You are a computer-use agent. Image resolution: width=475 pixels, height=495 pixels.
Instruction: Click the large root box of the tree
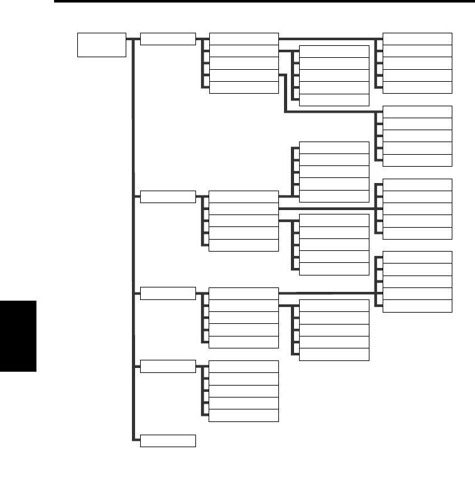click(101, 45)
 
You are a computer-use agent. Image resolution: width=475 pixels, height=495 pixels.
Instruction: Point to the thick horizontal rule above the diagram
click(264, 3)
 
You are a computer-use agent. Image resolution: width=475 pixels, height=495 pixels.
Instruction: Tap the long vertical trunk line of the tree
click(133, 252)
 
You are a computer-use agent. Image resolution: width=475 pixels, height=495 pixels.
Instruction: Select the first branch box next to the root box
click(168, 39)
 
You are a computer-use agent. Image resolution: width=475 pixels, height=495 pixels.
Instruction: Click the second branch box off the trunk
click(168, 196)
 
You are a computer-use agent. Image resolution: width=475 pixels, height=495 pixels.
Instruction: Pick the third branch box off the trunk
click(168, 294)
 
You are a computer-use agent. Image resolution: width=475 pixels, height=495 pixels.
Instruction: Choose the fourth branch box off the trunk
click(168, 366)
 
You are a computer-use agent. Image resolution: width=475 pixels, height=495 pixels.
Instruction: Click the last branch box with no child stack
click(168, 441)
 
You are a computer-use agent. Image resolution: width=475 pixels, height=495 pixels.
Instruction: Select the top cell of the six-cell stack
click(334, 52)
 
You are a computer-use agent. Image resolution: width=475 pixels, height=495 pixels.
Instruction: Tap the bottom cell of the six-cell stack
click(334, 99)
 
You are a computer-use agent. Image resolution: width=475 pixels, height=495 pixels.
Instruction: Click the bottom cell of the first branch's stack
click(243, 87)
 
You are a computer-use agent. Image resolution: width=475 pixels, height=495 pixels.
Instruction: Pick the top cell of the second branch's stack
click(243, 196)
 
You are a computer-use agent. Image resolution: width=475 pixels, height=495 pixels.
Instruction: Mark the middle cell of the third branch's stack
click(243, 318)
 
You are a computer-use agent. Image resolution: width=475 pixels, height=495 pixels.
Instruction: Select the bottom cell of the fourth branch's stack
click(243, 415)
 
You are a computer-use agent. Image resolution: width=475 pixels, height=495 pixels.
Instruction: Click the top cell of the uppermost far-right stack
click(417, 39)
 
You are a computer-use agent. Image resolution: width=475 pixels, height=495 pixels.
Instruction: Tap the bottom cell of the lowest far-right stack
click(417, 306)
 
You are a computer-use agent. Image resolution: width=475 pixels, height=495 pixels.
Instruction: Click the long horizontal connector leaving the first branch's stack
click(327, 40)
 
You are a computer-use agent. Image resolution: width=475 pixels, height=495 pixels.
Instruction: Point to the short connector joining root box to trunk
click(129, 39)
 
